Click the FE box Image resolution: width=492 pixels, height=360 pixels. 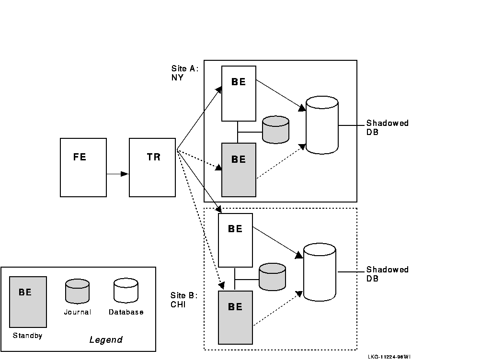[83, 167]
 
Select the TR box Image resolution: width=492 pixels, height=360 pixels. [152, 167]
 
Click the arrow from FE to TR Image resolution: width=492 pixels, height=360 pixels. [118, 174]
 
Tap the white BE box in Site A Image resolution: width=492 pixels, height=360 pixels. [239, 93]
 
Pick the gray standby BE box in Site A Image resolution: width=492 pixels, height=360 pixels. [239, 169]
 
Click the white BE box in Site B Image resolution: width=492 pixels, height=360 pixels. [235, 240]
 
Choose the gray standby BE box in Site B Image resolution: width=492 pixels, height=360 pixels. [235, 317]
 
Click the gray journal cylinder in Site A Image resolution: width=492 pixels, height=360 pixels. [276, 129]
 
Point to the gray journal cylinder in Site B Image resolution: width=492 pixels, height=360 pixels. [272, 277]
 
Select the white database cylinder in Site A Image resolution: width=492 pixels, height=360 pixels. [322, 125]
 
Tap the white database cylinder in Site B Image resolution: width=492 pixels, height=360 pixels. [320, 272]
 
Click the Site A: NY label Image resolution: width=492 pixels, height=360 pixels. [184, 73]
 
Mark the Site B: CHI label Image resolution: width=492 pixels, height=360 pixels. [184, 300]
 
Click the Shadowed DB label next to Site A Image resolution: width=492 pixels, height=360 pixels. [387, 127]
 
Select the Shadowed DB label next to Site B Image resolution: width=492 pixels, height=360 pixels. [387, 274]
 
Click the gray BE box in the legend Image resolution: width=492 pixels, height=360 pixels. [28, 302]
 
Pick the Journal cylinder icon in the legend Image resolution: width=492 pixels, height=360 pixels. [78, 292]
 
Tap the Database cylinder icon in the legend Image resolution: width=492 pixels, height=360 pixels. [126, 291]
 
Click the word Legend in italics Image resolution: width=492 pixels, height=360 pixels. [106, 340]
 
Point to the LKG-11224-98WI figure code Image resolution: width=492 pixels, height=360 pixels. [389, 356]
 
